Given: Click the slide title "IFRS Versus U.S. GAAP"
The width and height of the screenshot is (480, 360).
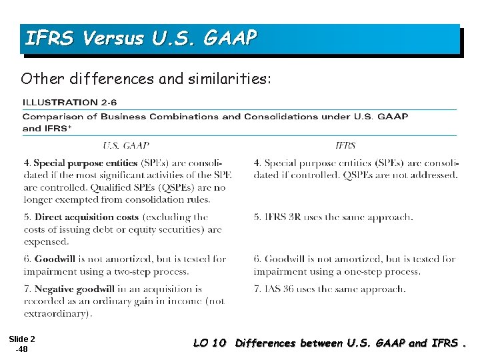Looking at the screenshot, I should [x=140, y=39].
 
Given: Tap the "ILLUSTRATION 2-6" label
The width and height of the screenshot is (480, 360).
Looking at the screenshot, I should [x=70, y=103].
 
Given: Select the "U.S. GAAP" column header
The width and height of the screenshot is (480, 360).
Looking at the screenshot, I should [x=126, y=145].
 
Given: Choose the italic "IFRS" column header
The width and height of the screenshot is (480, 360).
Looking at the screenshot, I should [x=345, y=145].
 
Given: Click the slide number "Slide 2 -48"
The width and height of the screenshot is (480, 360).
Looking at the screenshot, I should [x=22, y=343].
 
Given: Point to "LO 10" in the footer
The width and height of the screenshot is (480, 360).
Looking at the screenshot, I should [x=209, y=343].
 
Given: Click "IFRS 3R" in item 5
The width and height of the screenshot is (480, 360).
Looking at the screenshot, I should [x=285, y=217].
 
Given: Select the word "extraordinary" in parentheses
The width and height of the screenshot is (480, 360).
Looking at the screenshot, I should [x=56, y=313].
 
